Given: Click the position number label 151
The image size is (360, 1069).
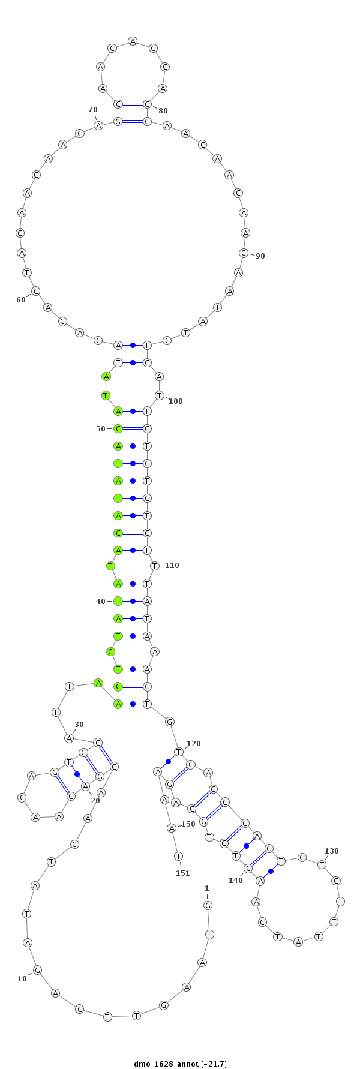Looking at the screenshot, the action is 183,873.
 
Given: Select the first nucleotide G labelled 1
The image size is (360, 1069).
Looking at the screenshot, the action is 208,905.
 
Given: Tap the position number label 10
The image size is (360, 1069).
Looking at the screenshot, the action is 22,978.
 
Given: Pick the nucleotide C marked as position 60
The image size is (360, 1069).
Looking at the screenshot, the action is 36,291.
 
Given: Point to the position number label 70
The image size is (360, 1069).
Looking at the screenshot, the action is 93,109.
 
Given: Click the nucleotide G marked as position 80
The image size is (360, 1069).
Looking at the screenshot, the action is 148,104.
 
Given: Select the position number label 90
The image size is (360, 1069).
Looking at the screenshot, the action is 260,256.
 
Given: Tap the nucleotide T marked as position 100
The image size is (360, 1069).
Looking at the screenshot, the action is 159,395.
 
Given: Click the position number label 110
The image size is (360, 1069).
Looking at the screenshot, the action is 173,565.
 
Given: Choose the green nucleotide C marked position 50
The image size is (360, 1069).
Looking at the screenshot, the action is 118,428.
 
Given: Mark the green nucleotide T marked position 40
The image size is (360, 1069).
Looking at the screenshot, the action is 118,601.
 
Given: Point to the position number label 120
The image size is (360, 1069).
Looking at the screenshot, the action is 194,743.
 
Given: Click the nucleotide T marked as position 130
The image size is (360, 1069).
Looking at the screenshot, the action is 322,864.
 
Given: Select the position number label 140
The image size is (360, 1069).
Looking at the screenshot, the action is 236,880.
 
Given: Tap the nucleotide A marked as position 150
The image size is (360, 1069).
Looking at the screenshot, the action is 171,828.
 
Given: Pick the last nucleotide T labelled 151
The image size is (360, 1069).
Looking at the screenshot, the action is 178,856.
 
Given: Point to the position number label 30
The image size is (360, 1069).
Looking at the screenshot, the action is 79,725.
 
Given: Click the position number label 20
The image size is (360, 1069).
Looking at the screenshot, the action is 95,800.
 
